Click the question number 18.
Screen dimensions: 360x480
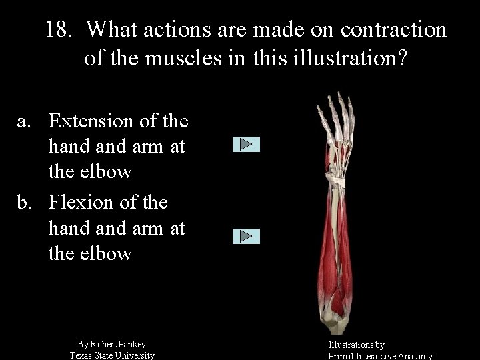pyautogui.click(x=60, y=30)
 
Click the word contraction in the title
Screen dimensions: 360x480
pyautogui.click(x=393, y=30)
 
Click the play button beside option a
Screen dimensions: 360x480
pyautogui.click(x=246, y=145)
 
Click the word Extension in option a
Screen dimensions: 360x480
pyautogui.click(x=94, y=121)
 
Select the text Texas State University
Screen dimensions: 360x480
pyautogui.click(x=112, y=355)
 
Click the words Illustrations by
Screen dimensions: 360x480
pyautogui.click(x=356, y=345)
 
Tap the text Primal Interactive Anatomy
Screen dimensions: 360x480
pyautogui.click(x=380, y=356)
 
